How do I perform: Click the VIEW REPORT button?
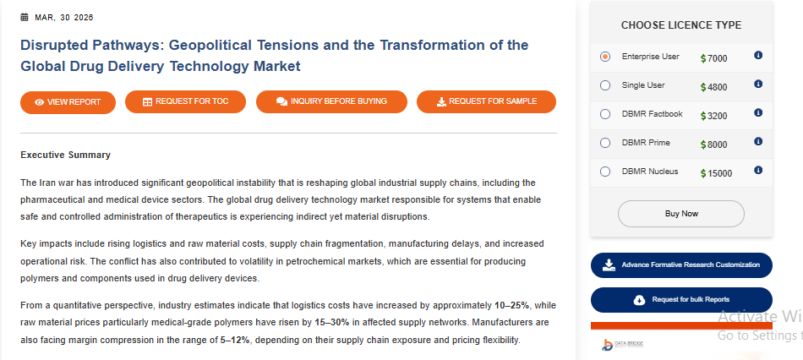[68, 101]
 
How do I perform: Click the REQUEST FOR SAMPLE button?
[486, 101]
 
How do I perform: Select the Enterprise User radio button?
[605, 57]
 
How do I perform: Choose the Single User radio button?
[605, 85]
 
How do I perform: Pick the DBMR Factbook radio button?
[605, 114]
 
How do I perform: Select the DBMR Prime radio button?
[605, 143]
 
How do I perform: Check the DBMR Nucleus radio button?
[605, 172]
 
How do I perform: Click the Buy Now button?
[681, 214]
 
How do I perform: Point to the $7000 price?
[714, 58]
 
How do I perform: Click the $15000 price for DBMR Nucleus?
[717, 173]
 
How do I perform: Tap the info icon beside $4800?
[758, 84]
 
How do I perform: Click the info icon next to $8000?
[758, 141]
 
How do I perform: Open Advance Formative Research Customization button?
[681, 265]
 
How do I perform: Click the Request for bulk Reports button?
[681, 299]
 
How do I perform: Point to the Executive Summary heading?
[65, 155]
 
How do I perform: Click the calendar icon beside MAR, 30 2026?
[25, 17]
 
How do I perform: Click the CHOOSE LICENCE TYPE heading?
[681, 25]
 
